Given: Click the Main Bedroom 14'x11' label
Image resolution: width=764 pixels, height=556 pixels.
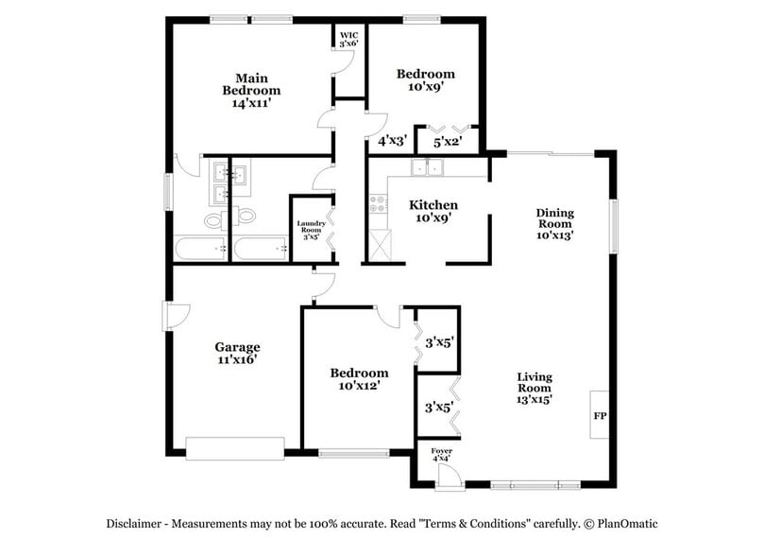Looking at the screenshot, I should click(251, 90).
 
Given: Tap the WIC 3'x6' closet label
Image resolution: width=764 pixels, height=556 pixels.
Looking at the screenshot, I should click(349, 39).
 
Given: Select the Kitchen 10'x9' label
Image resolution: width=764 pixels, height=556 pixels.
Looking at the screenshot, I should click(433, 211).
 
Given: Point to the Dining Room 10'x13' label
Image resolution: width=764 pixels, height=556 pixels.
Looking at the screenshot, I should click(554, 223).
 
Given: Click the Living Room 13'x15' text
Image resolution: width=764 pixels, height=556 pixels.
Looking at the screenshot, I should click(534, 388).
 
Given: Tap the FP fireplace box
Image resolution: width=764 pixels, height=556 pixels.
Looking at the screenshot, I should click(599, 415).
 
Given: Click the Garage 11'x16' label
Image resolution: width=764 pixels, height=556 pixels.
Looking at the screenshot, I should click(237, 353).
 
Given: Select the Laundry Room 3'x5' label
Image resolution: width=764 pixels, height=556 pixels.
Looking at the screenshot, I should click(311, 230).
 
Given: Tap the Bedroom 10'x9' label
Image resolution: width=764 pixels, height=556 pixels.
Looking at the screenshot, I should click(425, 79).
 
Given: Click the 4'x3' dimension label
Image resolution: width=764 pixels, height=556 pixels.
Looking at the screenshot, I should click(392, 141).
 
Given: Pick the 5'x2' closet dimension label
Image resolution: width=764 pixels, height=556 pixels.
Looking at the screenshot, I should click(448, 142).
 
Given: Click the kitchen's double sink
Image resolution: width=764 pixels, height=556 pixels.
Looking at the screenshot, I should click(427, 168).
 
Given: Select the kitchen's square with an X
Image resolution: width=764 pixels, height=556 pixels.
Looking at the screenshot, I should click(380, 245).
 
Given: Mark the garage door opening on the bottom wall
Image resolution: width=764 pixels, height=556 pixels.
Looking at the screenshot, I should click(235, 448).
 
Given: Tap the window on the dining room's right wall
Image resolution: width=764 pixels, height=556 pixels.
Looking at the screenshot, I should click(613, 225).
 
